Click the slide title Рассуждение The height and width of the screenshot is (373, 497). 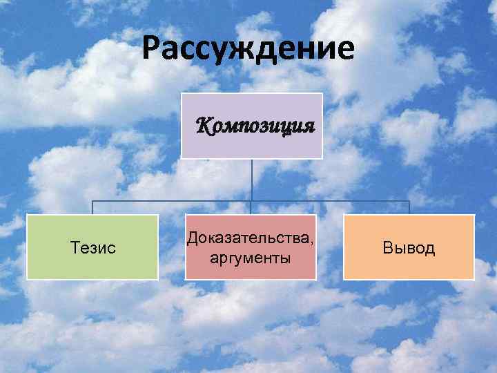[x=248, y=50]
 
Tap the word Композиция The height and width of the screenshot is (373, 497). [x=255, y=126]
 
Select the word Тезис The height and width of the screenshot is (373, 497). [x=93, y=247]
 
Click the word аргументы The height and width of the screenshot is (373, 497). [x=250, y=258]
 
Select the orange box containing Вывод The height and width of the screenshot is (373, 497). [x=409, y=266]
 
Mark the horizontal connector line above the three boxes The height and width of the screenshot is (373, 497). [x=173, y=202]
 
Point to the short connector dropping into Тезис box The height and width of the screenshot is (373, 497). [x=93, y=208]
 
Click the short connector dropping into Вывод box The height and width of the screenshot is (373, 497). [x=409, y=208]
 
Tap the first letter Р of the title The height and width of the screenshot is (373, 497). [x=152, y=50]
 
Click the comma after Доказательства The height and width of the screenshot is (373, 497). [x=312, y=242]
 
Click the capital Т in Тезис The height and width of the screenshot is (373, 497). [x=75, y=247]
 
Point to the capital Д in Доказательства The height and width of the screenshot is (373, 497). [x=189, y=239]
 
